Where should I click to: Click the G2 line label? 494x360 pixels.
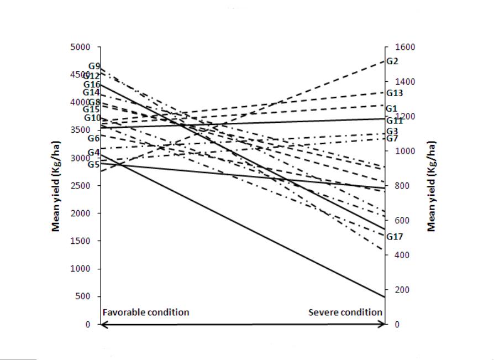(x=392, y=61)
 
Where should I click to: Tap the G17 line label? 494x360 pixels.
(x=395, y=237)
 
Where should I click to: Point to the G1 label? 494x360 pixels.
(x=392, y=108)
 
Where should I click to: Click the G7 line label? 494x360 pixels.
(x=392, y=138)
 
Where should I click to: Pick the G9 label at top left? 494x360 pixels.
(x=94, y=66)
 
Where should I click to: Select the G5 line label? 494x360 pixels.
(x=94, y=164)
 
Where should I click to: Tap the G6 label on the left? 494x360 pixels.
(x=94, y=138)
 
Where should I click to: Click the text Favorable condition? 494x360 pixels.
(x=146, y=312)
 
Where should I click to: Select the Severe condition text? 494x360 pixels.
(x=345, y=312)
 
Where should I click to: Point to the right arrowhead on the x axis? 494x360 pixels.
(x=382, y=325)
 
